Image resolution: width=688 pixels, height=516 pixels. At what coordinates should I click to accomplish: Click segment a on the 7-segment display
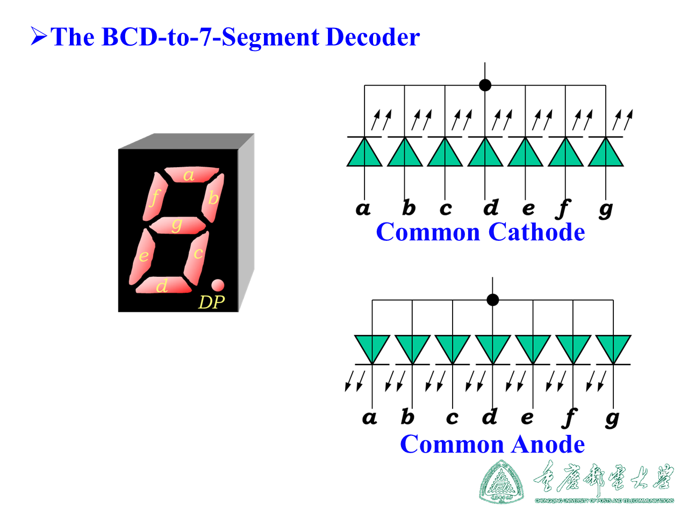(x=191, y=175)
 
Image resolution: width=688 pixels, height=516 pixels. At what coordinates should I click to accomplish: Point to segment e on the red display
(x=142, y=256)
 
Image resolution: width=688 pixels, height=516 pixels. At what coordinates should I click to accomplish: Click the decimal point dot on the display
(x=217, y=285)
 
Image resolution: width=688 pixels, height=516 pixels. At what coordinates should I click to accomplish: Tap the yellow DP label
(x=211, y=302)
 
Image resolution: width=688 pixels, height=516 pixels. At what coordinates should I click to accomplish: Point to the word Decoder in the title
(x=372, y=37)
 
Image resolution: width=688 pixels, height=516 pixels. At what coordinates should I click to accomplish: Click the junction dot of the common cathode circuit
(x=485, y=85)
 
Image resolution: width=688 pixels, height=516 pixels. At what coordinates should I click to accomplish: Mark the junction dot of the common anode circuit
(x=492, y=300)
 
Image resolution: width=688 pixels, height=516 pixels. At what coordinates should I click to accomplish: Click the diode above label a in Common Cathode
(x=364, y=153)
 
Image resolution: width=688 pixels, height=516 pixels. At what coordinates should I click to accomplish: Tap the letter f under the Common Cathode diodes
(x=563, y=208)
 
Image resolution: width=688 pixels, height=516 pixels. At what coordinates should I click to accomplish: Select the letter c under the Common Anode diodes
(x=452, y=418)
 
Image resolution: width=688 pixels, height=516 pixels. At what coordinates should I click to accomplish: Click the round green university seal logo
(x=501, y=482)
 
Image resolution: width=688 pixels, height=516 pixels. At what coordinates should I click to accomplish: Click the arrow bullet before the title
(x=39, y=37)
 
